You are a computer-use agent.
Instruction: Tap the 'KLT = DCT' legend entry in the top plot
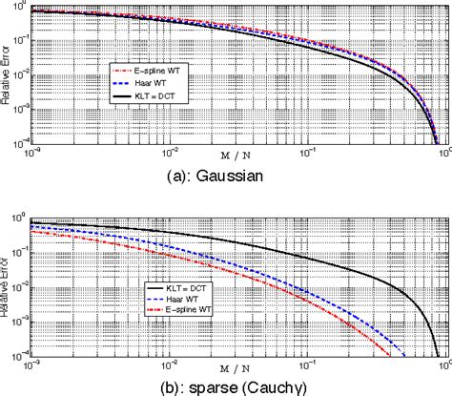(152, 98)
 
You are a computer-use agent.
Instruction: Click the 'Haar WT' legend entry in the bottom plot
(168, 300)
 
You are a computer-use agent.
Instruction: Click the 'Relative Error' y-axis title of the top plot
(7, 76)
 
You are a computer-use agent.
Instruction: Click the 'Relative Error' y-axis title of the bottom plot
(7, 286)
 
